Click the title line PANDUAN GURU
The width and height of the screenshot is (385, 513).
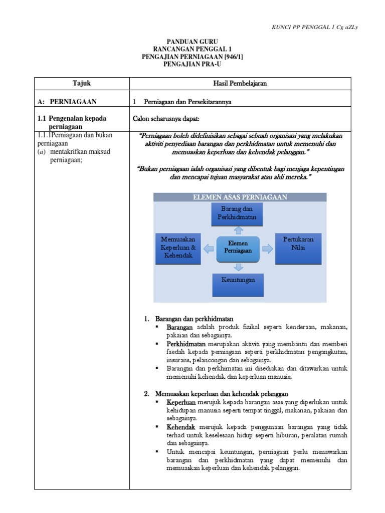(x=192, y=42)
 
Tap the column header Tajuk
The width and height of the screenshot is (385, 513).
(x=82, y=84)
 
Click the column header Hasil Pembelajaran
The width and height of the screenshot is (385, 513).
(x=240, y=84)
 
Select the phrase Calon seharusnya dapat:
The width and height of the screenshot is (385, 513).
(x=166, y=119)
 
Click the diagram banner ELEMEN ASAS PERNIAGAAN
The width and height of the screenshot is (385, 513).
(x=240, y=197)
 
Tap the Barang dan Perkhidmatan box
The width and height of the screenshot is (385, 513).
(x=238, y=213)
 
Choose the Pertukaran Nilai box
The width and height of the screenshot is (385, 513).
(x=298, y=243)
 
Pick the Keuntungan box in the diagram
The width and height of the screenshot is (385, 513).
(x=238, y=280)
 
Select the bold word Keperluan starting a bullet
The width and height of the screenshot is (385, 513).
(x=182, y=402)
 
